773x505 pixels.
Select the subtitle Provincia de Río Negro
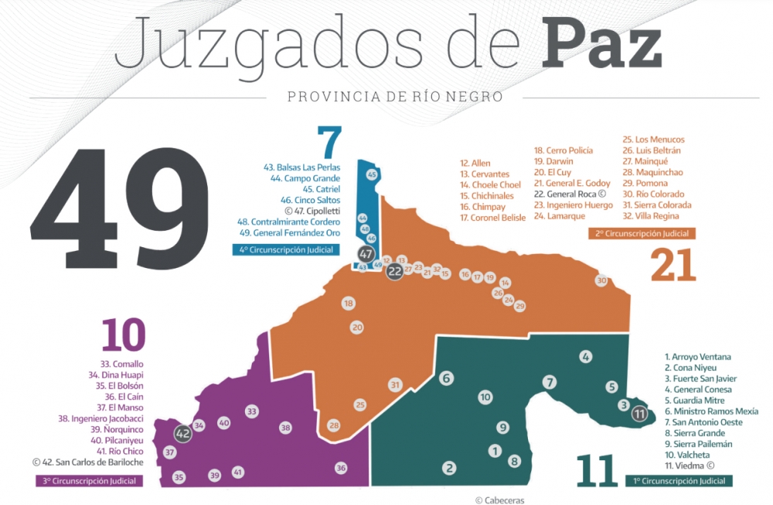[394, 97]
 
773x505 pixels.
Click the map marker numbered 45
[372, 175]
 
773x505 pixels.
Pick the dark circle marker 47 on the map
[366, 254]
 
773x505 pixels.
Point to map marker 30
[601, 280]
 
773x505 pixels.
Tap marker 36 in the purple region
[341, 467]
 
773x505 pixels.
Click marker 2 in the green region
[448, 467]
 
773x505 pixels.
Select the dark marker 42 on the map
[183, 434]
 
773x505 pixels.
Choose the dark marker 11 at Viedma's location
[639, 414]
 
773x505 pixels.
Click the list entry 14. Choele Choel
[490, 185]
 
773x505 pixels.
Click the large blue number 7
[329, 143]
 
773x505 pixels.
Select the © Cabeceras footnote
[499, 500]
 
